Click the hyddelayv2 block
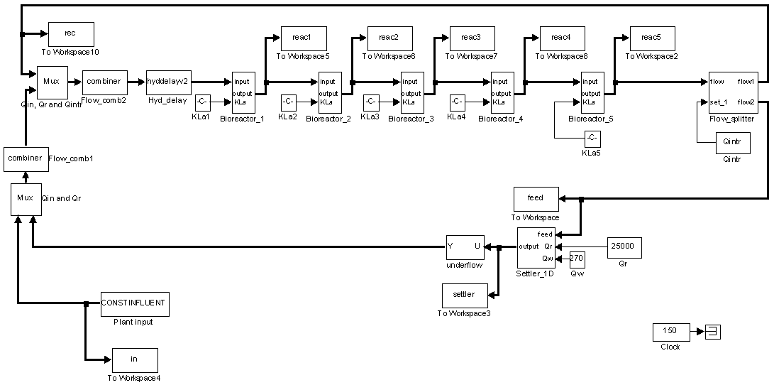tap(167, 82)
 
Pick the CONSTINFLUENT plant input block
tap(135, 303)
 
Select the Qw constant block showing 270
tap(577, 258)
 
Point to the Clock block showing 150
tap(670, 331)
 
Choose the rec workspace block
tap(70, 33)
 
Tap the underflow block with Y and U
tap(464, 246)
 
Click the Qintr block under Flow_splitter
tap(731, 142)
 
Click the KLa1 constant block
tap(202, 102)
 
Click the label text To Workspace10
tap(71, 52)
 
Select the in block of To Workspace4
tap(134, 359)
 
